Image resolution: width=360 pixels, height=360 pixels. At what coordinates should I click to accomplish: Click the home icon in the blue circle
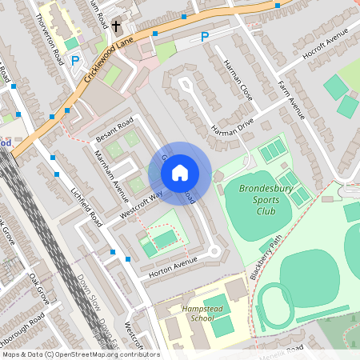tap(180, 172)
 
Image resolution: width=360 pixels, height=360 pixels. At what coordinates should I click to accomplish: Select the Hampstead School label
tap(192, 313)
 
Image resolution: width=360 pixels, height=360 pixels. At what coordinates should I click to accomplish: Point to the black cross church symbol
tap(116, 26)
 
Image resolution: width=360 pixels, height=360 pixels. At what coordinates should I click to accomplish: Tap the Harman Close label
tap(238, 80)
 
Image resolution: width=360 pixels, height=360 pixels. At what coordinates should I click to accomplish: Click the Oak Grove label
tap(38, 288)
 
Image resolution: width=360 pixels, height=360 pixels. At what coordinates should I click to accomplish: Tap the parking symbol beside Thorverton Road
tap(75, 60)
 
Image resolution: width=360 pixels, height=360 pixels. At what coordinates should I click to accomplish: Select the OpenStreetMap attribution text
tap(81, 354)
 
